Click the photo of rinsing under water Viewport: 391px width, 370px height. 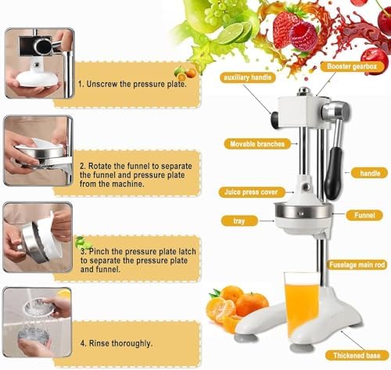point(38,323)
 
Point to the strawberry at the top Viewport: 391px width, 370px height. point(285,27)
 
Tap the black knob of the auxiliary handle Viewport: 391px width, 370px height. point(275,119)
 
